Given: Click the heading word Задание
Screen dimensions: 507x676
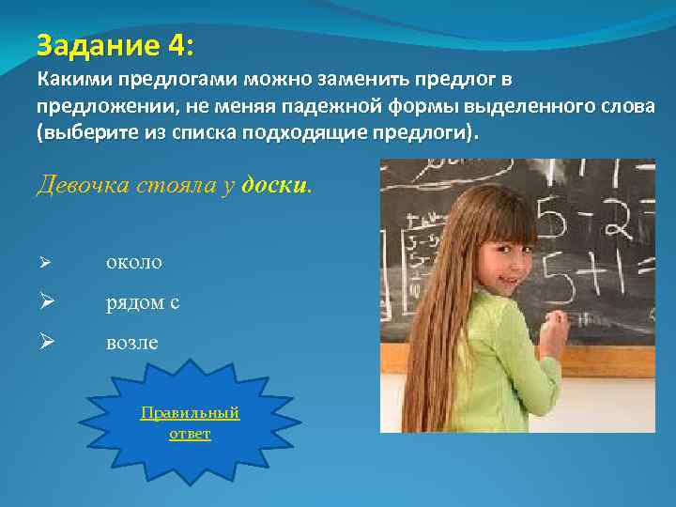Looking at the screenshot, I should pyautogui.click(x=88, y=43).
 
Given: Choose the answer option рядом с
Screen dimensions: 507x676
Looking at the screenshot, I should pyautogui.click(x=142, y=303).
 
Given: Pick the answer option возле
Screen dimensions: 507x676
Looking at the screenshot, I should pyautogui.click(x=131, y=344).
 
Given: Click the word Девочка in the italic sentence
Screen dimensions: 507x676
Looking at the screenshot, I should pyautogui.click(x=80, y=185).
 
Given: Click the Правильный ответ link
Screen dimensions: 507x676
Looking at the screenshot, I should pyautogui.click(x=190, y=423).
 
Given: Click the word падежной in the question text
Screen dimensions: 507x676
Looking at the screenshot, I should pyautogui.click(x=367, y=106).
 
